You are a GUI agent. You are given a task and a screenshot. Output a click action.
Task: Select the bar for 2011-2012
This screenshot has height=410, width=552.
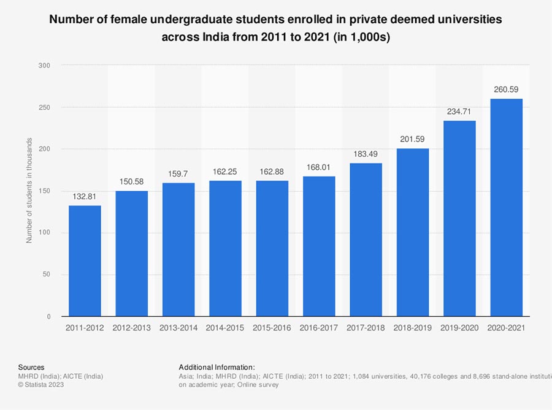click(x=85, y=261)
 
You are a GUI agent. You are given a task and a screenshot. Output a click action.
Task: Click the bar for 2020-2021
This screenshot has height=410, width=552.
click(x=506, y=208)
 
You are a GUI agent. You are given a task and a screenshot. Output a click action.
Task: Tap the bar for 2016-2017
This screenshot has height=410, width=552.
click(x=319, y=246)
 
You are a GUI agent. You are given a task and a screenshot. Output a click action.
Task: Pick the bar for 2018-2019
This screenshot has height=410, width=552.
click(x=413, y=232)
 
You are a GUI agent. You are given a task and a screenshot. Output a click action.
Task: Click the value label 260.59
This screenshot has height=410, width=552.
click(x=506, y=89)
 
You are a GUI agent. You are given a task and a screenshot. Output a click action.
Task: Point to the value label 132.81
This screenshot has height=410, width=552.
click(x=85, y=196)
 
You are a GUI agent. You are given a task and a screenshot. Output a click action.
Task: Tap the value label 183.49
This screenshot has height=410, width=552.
click(x=366, y=154)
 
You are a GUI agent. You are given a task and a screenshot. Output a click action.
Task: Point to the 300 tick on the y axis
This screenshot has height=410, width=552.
click(x=45, y=65)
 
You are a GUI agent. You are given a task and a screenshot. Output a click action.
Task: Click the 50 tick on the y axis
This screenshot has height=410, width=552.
click(x=47, y=275)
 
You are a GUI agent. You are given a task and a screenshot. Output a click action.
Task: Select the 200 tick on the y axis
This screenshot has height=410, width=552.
click(x=45, y=149)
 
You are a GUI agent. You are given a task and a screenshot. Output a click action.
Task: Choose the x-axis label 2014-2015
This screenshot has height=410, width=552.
click(x=225, y=328)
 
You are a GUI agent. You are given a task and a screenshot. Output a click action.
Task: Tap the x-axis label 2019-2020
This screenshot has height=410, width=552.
click(x=459, y=328)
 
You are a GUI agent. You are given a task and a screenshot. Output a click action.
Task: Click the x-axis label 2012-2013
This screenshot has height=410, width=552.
click(x=131, y=328)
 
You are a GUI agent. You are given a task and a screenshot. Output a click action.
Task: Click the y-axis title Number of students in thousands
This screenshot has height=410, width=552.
click(x=29, y=191)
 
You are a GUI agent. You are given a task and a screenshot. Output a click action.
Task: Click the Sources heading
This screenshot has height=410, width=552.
click(x=31, y=366)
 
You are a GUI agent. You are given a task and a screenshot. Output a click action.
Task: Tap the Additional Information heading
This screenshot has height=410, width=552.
click(x=217, y=366)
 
